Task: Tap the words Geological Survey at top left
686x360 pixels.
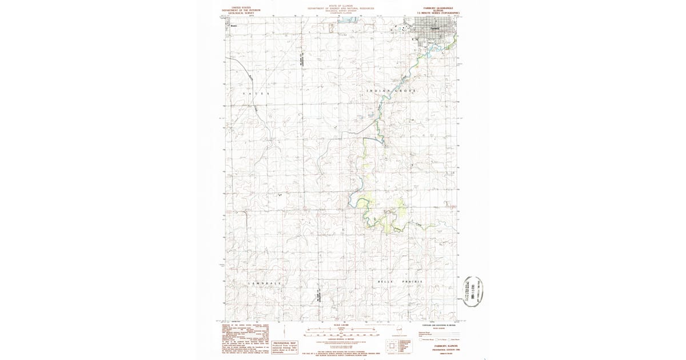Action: (x=241, y=13)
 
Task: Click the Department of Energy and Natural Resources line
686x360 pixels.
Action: (x=340, y=9)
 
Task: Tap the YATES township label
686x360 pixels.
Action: (x=255, y=93)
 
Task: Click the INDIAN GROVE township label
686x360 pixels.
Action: (x=392, y=91)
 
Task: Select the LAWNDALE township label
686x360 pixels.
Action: (x=265, y=283)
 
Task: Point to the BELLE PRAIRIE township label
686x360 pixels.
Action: (x=400, y=282)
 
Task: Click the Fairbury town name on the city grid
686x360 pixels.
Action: (x=434, y=28)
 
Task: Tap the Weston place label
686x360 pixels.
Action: (x=233, y=26)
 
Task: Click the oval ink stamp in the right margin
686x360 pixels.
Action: (x=472, y=291)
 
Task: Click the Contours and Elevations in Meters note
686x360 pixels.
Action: (x=432, y=325)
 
